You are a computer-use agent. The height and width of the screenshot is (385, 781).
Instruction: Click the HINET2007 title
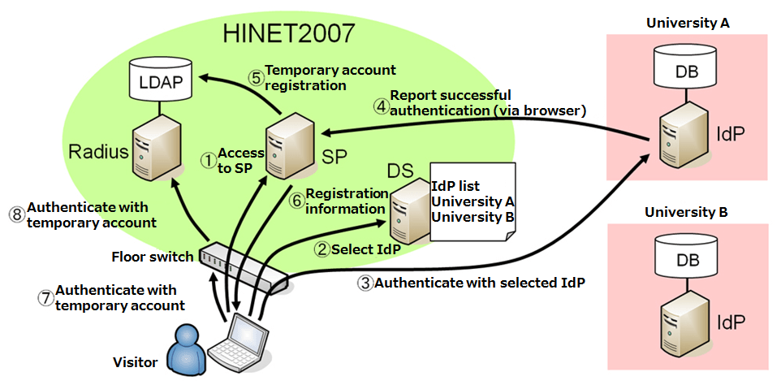[289, 33]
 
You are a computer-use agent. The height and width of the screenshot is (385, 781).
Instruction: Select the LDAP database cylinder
[162, 80]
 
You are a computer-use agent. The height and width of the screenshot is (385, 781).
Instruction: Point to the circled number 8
[15, 214]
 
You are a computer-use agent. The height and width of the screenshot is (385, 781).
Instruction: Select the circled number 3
[365, 283]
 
